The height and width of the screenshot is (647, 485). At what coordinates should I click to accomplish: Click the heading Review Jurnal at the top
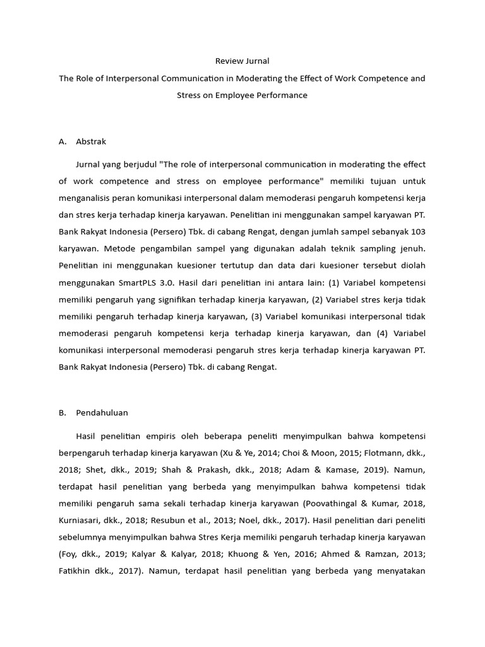242,61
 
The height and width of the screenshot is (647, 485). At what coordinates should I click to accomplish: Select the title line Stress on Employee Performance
242,95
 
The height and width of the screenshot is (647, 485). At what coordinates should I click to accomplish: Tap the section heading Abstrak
91,142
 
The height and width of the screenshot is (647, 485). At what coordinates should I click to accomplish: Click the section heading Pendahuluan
102,413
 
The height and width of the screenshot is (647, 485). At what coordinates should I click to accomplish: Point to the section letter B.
62,413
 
